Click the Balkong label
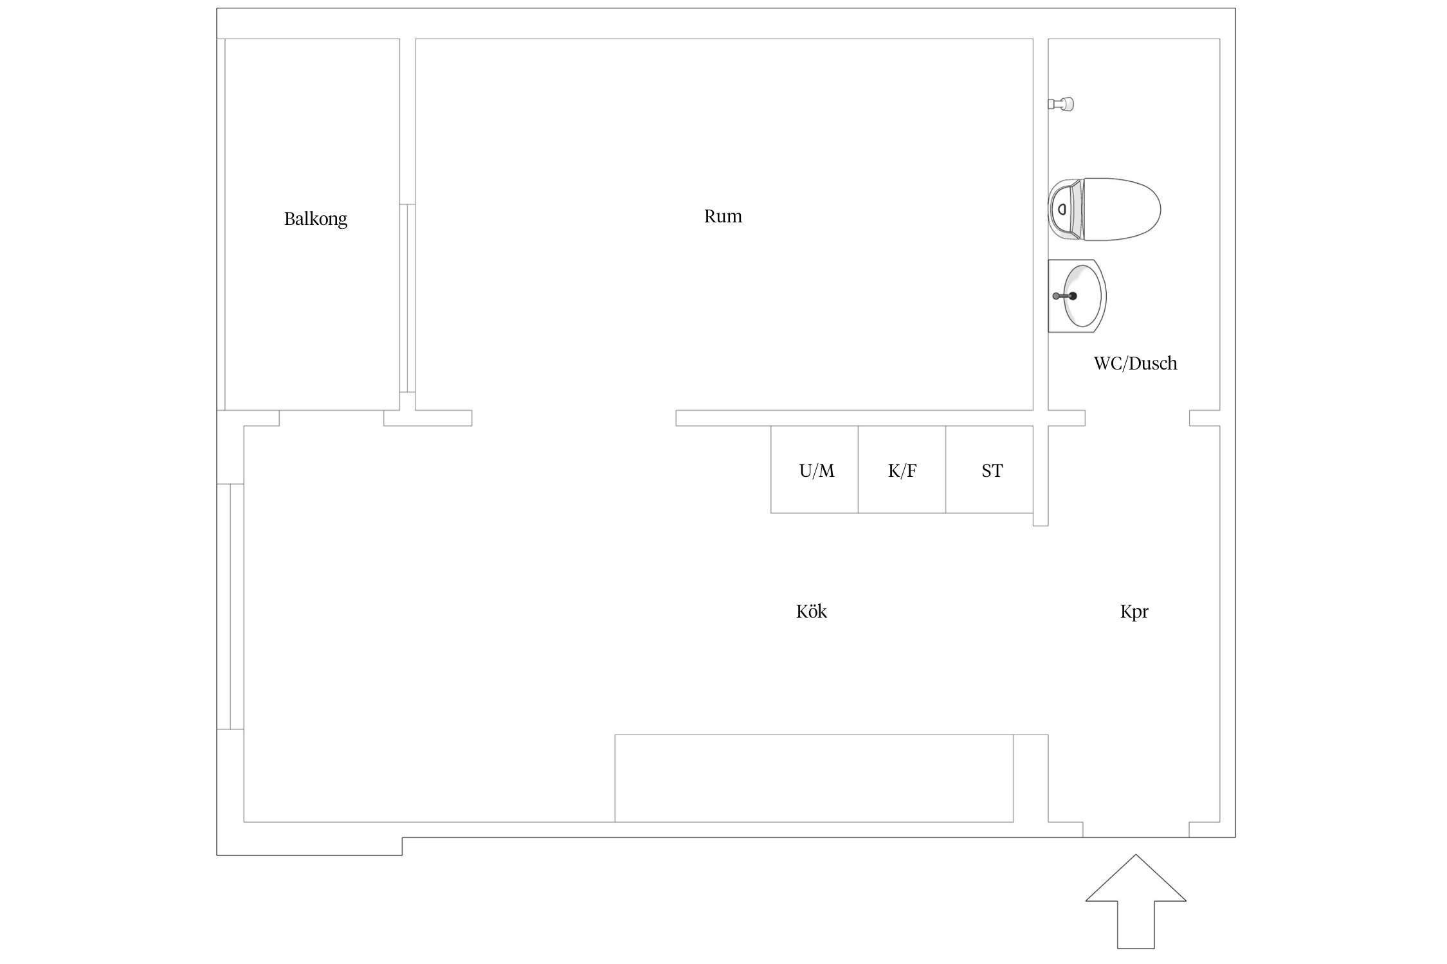click(316, 219)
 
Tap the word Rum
click(723, 216)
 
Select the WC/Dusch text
click(1135, 363)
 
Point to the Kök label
click(812, 611)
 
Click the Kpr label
click(1134, 612)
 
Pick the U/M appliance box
click(815, 469)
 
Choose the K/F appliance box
click(902, 469)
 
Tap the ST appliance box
click(990, 469)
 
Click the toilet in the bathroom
click(1104, 210)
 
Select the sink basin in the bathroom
click(1077, 296)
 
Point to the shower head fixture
click(1061, 103)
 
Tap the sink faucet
click(1065, 296)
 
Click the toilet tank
click(1065, 210)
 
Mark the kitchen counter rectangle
click(814, 778)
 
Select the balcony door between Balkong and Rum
click(408, 298)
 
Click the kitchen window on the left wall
click(230, 607)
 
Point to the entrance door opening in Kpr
click(1136, 830)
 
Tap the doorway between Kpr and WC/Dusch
click(1137, 418)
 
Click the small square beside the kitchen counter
click(1031, 778)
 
